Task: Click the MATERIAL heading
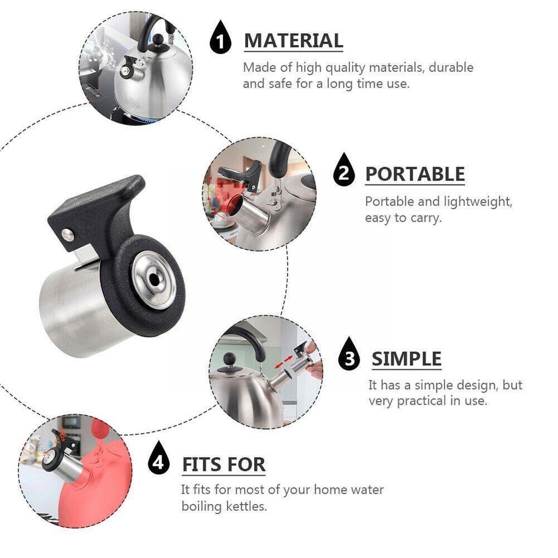[x=293, y=41]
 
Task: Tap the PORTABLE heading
[x=415, y=174]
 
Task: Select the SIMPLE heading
[x=406, y=358]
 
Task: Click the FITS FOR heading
[x=224, y=464]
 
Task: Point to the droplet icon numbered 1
[x=221, y=40]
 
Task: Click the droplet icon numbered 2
[x=344, y=172]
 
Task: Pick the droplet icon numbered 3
[x=350, y=356]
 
